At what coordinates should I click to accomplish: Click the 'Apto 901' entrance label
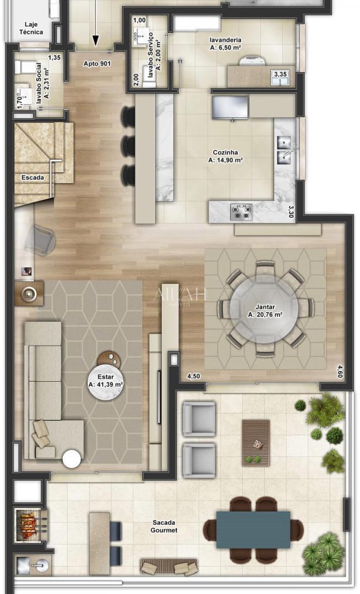[97, 63]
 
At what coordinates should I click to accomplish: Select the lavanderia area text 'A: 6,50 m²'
[226, 48]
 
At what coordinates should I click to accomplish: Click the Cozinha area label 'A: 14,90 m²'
[226, 161]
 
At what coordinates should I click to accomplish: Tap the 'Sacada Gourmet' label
[164, 526]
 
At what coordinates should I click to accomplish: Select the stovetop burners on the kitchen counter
[241, 211]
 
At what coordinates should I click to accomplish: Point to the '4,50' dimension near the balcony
[193, 376]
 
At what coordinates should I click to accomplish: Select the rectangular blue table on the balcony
[253, 530]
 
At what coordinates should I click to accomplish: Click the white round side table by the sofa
[72, 459]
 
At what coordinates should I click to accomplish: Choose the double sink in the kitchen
[284, 150]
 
